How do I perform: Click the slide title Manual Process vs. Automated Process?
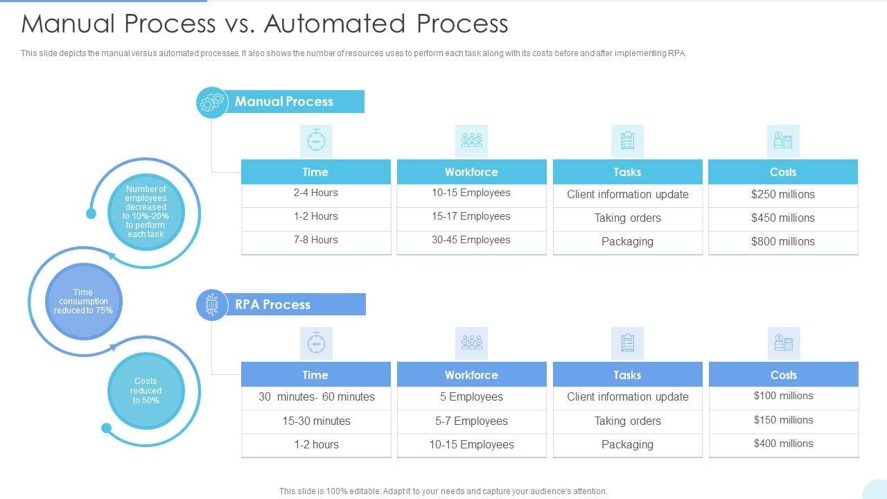(265, 24)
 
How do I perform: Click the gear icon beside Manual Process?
(212, 103)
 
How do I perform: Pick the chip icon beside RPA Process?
(212, 305)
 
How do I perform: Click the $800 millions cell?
(783, 242)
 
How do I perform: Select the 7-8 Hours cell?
(316, 240)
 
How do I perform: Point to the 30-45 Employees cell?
(471, 240)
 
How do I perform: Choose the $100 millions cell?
(784, 396)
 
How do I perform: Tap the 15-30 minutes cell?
(316, 421)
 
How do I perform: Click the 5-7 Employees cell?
(471, 421)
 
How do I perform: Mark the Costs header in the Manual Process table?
(783, 172)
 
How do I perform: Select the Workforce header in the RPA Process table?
(471, 375)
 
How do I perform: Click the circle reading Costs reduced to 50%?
(146, 391)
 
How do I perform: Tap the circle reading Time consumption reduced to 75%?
(83, 301)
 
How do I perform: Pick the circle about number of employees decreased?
(146, 211)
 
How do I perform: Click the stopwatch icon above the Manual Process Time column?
(316, 141)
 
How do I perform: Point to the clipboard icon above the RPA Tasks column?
(628, 343)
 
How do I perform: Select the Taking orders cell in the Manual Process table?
(628, 218)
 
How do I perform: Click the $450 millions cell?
(783, 218)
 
